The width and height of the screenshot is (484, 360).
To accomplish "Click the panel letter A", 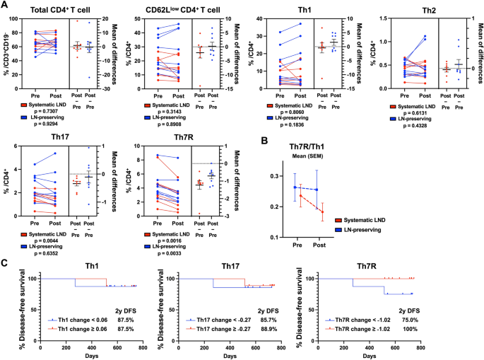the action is click(4, 5).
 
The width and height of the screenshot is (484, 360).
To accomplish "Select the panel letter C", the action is click(4, 263).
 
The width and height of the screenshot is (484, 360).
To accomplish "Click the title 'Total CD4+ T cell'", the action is click(60, 10).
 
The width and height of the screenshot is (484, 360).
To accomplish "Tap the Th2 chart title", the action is click(429, 11).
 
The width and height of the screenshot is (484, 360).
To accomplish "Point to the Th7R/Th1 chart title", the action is click(307, 146).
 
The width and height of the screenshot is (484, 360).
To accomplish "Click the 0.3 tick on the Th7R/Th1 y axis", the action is click(275, 176).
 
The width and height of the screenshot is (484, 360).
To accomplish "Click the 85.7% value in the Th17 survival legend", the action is click(268, 320).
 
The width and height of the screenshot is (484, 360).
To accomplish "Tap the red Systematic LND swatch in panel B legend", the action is click(338, 221).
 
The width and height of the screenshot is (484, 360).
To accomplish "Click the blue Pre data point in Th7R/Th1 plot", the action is click(295, 187).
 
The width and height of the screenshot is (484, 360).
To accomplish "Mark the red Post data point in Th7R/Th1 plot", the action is click(323, 211).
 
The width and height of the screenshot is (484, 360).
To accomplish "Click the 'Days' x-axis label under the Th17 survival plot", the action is click(230, 356).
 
